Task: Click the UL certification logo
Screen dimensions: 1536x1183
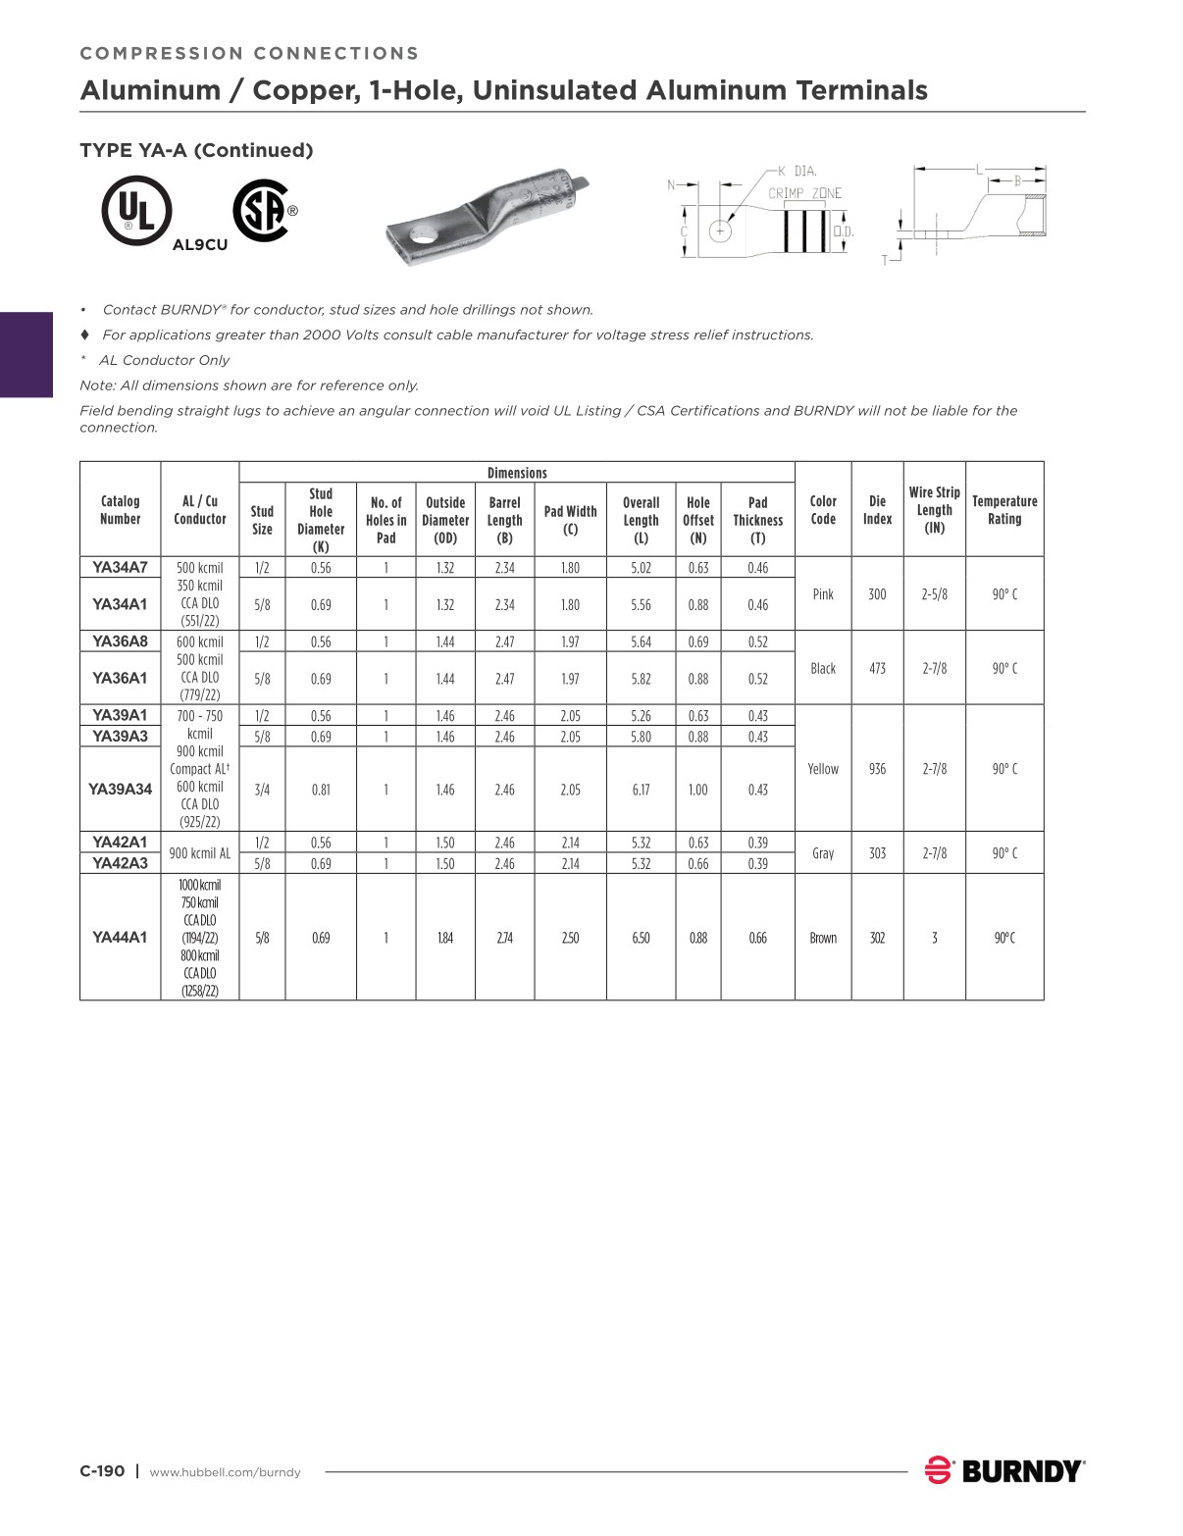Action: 136,211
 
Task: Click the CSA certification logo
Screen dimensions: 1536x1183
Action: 262,211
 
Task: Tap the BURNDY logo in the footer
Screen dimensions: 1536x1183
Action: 1004,1470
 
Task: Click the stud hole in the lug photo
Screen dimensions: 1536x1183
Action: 424,236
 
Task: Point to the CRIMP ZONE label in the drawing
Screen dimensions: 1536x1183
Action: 804,193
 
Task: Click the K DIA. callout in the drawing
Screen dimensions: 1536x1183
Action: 797,171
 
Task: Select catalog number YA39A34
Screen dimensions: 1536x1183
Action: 120,790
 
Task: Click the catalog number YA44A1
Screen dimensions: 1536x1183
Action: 120,938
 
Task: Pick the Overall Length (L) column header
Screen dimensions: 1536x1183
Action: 641,520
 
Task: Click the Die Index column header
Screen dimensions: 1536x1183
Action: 877,510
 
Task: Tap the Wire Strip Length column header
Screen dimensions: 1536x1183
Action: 934,510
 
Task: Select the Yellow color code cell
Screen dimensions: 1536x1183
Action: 823,769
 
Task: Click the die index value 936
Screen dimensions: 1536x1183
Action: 877,769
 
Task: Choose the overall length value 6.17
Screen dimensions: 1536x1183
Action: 641,790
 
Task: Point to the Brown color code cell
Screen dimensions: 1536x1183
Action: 823,938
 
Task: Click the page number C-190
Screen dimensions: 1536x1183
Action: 102,1471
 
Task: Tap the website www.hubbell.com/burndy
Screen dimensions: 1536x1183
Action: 225,1472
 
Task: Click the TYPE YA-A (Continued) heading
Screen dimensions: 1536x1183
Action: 196,150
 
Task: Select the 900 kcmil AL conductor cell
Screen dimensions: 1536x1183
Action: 199,853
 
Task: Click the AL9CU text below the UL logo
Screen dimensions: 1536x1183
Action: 199,245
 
